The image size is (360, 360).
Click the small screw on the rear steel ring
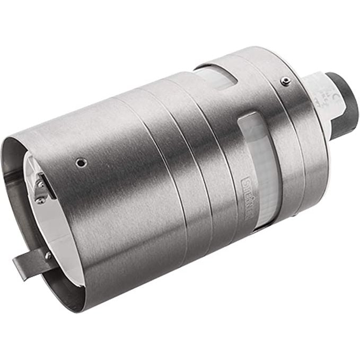pyautogui.click(x=286, y=81)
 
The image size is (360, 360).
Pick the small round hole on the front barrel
pyautogui.click(x=80, y=162)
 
